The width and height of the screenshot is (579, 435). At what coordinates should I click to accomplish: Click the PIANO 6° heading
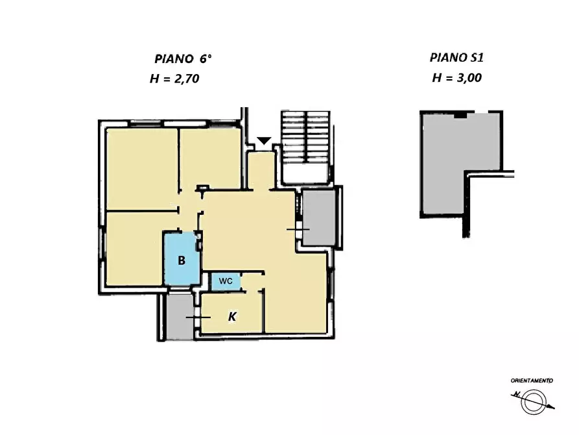tap(183, 59)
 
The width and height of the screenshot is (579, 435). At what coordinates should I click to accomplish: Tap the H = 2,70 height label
tap(174, 79)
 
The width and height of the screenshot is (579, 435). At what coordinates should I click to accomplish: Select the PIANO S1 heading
tap(456, 58)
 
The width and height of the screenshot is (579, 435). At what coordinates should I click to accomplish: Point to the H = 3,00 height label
tap(456, 78)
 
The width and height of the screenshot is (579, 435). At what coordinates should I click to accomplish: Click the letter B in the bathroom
tap(182, 260)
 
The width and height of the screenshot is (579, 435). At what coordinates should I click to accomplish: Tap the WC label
tap(226, 281)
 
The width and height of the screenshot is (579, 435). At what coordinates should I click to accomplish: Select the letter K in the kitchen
tap(232, 317)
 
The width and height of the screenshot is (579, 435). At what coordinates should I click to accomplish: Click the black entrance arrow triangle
tap(264, 141)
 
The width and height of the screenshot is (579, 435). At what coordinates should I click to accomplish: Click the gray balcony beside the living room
tap(319, 217)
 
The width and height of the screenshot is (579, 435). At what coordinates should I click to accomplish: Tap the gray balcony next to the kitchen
tap(180, 317)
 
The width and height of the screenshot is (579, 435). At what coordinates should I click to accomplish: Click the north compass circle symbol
tap(533, 402)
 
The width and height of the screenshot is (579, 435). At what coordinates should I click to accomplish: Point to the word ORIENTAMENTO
tap(532, 380)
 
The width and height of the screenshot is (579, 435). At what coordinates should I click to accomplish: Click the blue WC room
tap(226, 282)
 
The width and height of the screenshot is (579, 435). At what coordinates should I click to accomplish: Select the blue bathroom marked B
tap(182, 258)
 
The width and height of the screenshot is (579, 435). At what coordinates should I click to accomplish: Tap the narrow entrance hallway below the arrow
tap(261, 171)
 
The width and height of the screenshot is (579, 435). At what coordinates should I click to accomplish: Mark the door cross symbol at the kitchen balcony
tap(198, 317)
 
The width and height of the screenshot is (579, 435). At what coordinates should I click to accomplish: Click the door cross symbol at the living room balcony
tap(298, 230)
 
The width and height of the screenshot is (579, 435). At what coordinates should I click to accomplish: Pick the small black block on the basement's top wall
tap(460, 116)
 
